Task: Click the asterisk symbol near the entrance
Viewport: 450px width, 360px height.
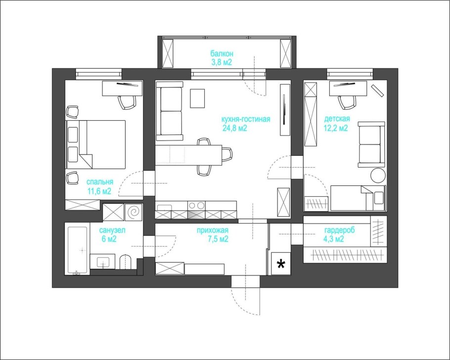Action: coord(281,264)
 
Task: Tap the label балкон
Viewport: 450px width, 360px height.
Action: coord(222,53)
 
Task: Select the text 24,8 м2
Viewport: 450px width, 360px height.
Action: coord(234,128)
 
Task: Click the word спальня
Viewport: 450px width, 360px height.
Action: coord(99,181)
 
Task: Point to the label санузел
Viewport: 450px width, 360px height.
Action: coord(113,230)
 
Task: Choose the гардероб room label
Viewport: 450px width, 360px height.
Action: coord(340,230)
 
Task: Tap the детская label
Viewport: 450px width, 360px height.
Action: coord(337,119)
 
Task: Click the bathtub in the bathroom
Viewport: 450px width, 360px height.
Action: coord(78,250)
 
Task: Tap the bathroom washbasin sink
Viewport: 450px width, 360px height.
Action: coord(103,262)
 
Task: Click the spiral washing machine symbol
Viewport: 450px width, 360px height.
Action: coord(133,213)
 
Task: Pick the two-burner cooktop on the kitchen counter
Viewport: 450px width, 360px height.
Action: coord(197,205)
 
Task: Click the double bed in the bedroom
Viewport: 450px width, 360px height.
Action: coord(96,144)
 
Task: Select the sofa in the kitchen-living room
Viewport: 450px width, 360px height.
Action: coord(169,111)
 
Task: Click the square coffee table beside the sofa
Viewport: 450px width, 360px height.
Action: coord(197,98)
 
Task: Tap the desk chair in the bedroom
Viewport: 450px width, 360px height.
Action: coord(127,102)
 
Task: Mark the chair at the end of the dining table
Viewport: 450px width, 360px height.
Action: coord(227,155)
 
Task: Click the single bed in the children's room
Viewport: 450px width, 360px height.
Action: coord(358,198)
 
